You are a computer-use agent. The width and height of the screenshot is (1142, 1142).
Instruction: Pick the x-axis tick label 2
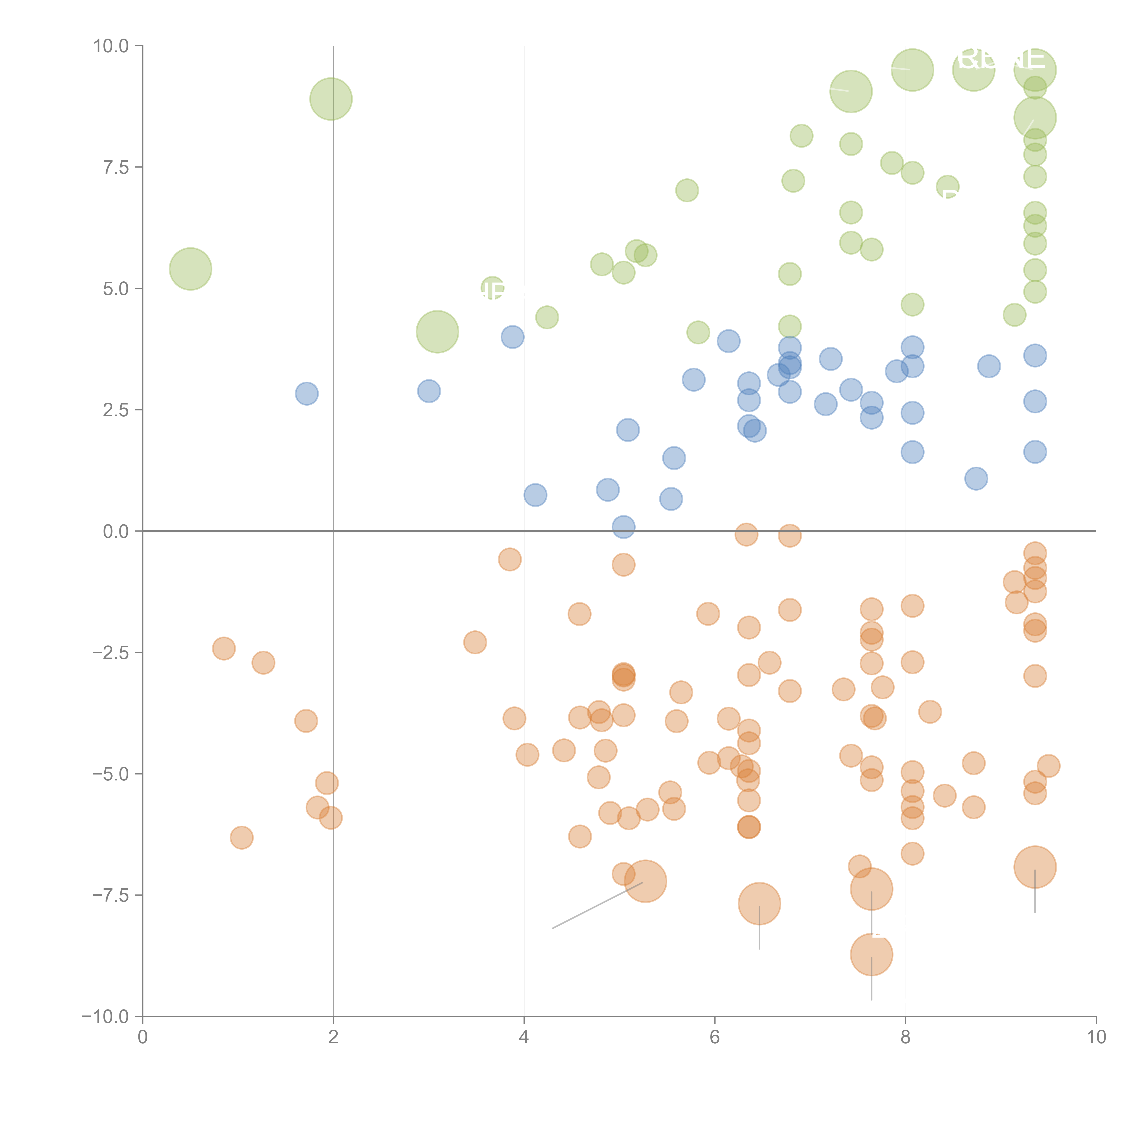click(x=333, y=1037)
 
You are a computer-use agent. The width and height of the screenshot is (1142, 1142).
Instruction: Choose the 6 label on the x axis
click(x=715, y=1037)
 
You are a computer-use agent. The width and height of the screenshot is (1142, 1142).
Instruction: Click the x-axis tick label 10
click(x=1096, y=1037)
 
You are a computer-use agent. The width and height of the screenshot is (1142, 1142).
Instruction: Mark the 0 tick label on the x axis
click(x=143, y=1037)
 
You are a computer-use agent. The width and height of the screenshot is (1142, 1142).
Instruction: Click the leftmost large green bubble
click(x=190, y=269)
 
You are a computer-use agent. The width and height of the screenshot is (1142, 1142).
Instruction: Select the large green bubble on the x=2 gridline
click(x=331, y=99)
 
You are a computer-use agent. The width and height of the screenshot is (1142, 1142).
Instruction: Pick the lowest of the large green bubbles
click(x=437, y=332)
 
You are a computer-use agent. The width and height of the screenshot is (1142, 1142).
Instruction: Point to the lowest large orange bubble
click(x=871, y=954)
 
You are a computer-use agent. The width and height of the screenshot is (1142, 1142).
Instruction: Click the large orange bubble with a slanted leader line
click(x=645, y=881)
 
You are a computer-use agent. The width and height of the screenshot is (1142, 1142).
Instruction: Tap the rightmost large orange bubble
click(x=1034, y=867)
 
